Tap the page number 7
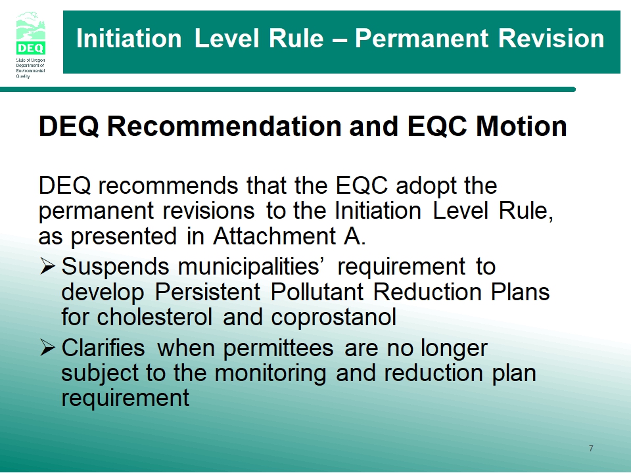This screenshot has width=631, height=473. pyautogui.click(x=591, y=449)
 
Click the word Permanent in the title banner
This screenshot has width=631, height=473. pyautogui.click(x=421, y=39)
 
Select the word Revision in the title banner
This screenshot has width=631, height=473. pyautogui.click(x=551, y=39)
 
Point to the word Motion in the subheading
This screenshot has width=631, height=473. pyautogui.click(x=521, y=126)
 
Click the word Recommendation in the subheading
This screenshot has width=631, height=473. pyautogui.click(x=225, y=126)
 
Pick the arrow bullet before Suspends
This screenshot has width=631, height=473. pyautogui.click(x=47, y=266)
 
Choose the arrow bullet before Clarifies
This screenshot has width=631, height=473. pyautogui.click(x=47, y=348)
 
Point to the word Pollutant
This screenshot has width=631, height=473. pyautogui.click(x=317, y=292)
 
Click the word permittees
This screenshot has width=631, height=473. pyautogui.click(x=278, y=348)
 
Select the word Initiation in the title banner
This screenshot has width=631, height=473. pyautogui.click(x=129, y=39)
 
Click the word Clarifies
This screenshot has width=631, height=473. pyautogui.click(x=103, y=348)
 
